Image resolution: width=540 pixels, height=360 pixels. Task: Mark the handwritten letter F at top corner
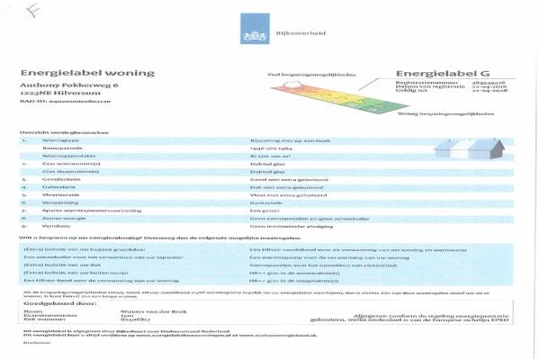[31, 12]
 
